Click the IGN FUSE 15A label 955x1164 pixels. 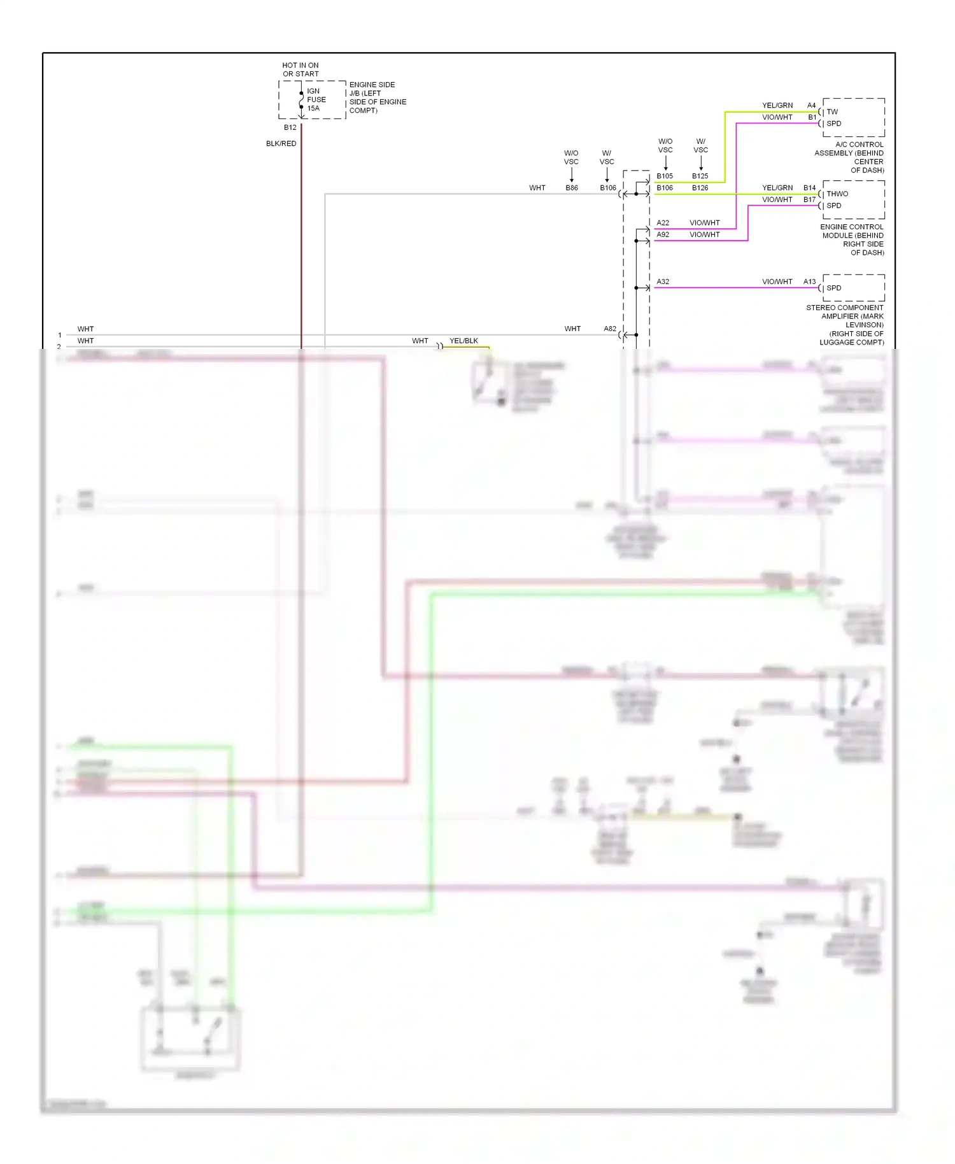click(316, 100)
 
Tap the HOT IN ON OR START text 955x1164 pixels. click(301, 69)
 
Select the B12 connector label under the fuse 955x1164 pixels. click(290, 128)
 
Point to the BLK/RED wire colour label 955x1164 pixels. click(281, 144)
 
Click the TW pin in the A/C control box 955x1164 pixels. click(832, 112)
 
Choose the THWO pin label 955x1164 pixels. click(837, 194)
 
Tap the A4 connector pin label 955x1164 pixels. click(811, 106)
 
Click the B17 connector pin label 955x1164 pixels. click(809, 200)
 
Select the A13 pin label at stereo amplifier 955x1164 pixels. click(809, 282)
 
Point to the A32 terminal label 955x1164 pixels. click(663, 282)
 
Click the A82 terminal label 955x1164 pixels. click(610, 329)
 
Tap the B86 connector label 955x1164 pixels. click(572, 188)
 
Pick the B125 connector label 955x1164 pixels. click(700, 176)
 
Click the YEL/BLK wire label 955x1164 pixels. click(463, 341)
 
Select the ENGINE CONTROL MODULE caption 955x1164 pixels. click(852, 240)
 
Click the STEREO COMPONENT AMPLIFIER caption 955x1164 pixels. click(845, 325)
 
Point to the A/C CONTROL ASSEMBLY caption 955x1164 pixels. click(850, 157)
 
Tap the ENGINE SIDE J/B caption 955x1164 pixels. click(377, 97)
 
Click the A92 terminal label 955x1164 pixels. click(663, 235)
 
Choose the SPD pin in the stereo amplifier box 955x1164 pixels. click(833, 288)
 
